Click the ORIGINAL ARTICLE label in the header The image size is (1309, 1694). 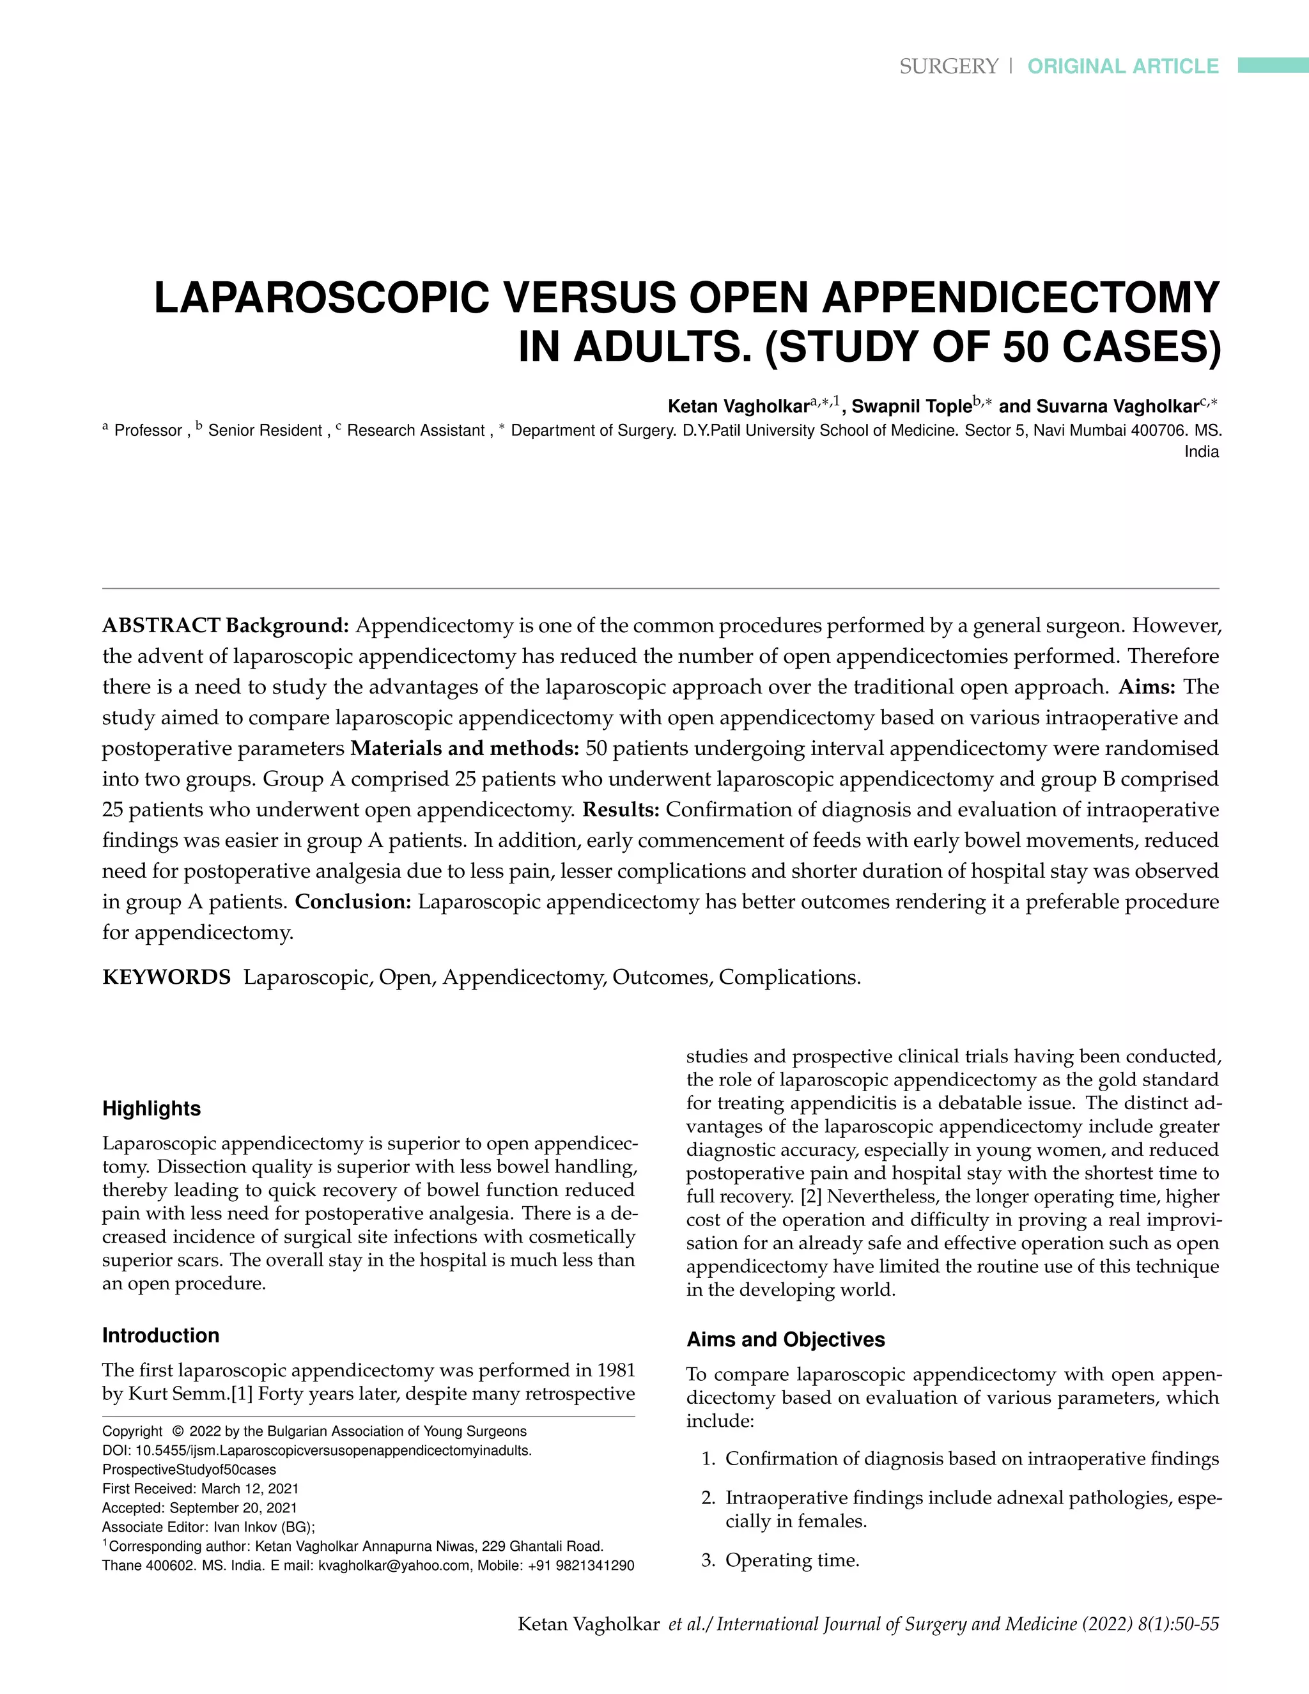coord(1123,66)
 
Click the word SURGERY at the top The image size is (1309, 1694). coord(949,66)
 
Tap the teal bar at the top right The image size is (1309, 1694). coord(1273,65)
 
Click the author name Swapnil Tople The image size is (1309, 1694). coord(911,407)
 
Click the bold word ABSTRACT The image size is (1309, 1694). coord(161,625)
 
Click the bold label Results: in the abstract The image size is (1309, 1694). coord(621,809)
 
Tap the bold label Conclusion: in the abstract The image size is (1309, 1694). coord(353,901)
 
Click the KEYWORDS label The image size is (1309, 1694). coord(166,977)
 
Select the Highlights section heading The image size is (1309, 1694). coord(151,1108)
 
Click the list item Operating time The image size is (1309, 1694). coord(792,1560)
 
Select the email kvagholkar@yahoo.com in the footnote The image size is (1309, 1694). coord(394,1566)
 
